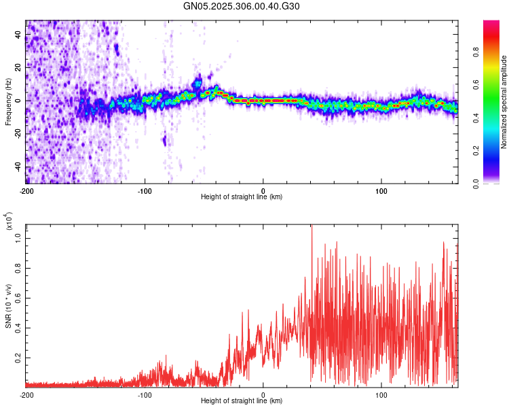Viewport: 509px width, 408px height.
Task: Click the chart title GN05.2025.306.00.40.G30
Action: (x=242, y=6)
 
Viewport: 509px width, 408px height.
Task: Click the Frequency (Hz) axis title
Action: (x=8, y=102)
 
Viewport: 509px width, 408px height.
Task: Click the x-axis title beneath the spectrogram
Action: (x=242, y=197)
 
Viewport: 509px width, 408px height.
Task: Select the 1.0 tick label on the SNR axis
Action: (x=18, y=237)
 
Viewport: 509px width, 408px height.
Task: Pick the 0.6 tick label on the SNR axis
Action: (x=18, y=297)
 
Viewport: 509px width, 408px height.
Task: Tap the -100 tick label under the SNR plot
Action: (x=145, y=394)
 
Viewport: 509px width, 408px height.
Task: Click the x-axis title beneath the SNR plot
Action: (x=242, y=401)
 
